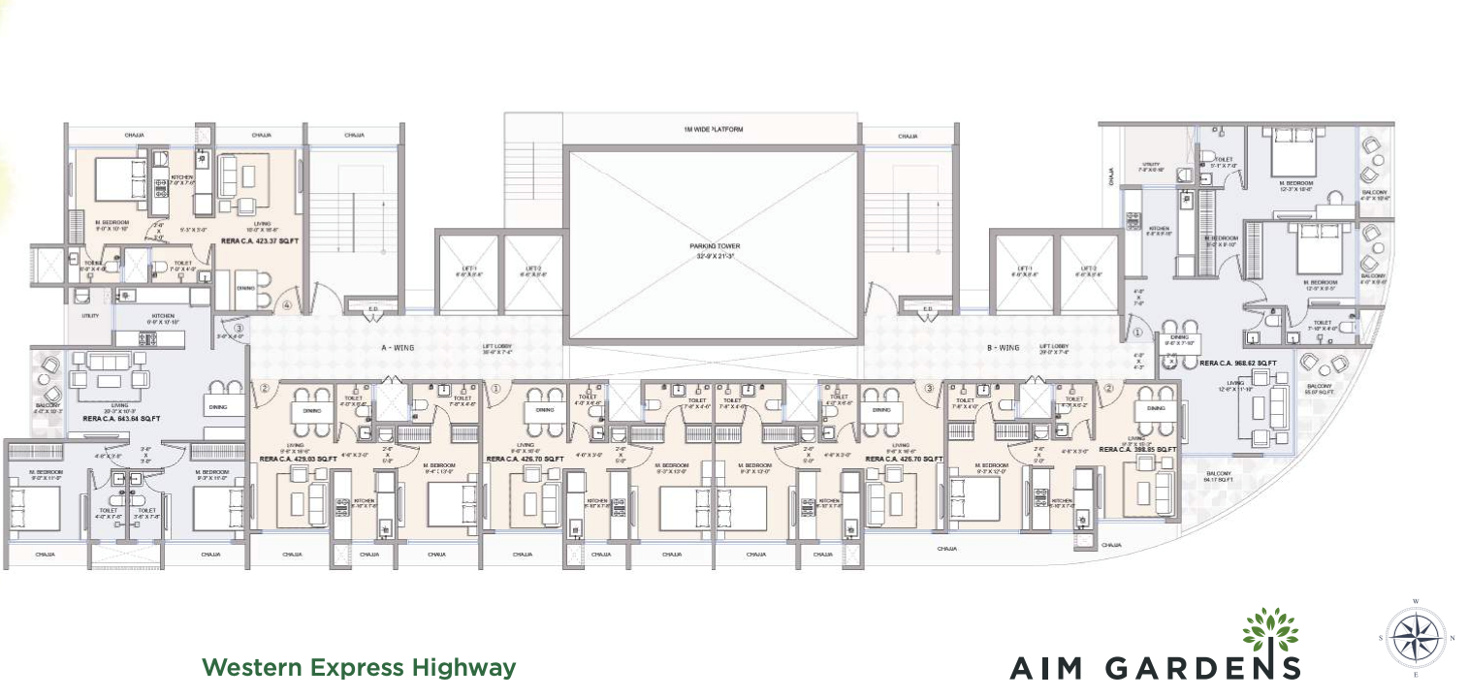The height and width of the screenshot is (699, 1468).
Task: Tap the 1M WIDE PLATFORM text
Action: coord(713,130)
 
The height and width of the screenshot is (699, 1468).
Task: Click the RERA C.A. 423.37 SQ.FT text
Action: coord(262,238)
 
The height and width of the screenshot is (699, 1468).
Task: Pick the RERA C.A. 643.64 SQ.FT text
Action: coord(121,418)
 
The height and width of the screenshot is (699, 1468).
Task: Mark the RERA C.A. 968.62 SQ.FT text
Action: coord(1237,363)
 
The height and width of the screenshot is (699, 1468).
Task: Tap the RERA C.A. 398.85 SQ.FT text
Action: coord(1137,450)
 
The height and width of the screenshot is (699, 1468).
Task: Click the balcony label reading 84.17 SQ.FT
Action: coord(1219,476)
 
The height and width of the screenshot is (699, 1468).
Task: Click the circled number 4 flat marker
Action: coord(286,306)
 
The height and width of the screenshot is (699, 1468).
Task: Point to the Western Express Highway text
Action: coord(358,667)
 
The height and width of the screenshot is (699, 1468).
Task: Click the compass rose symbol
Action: coord(1416,638)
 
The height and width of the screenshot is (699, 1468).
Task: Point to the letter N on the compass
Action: coord(1451,638)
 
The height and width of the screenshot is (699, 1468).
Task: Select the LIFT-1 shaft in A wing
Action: coord(469,272)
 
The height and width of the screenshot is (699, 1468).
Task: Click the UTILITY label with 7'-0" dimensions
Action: coord(1153,166)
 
